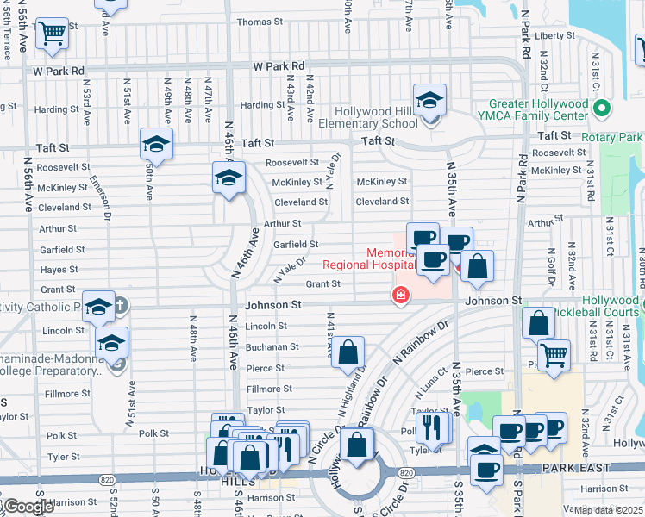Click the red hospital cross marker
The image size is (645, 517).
coord(400,296)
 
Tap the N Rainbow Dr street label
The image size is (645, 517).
coord(422,341)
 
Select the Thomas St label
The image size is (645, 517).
coord(254,22)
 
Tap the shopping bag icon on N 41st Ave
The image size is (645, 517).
coord(348,353)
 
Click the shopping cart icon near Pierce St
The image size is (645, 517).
coord(554,353)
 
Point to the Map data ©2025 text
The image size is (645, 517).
coord(609,510)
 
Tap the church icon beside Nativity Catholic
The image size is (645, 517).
coord(120,305)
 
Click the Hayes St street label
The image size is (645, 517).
coord(59,270)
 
